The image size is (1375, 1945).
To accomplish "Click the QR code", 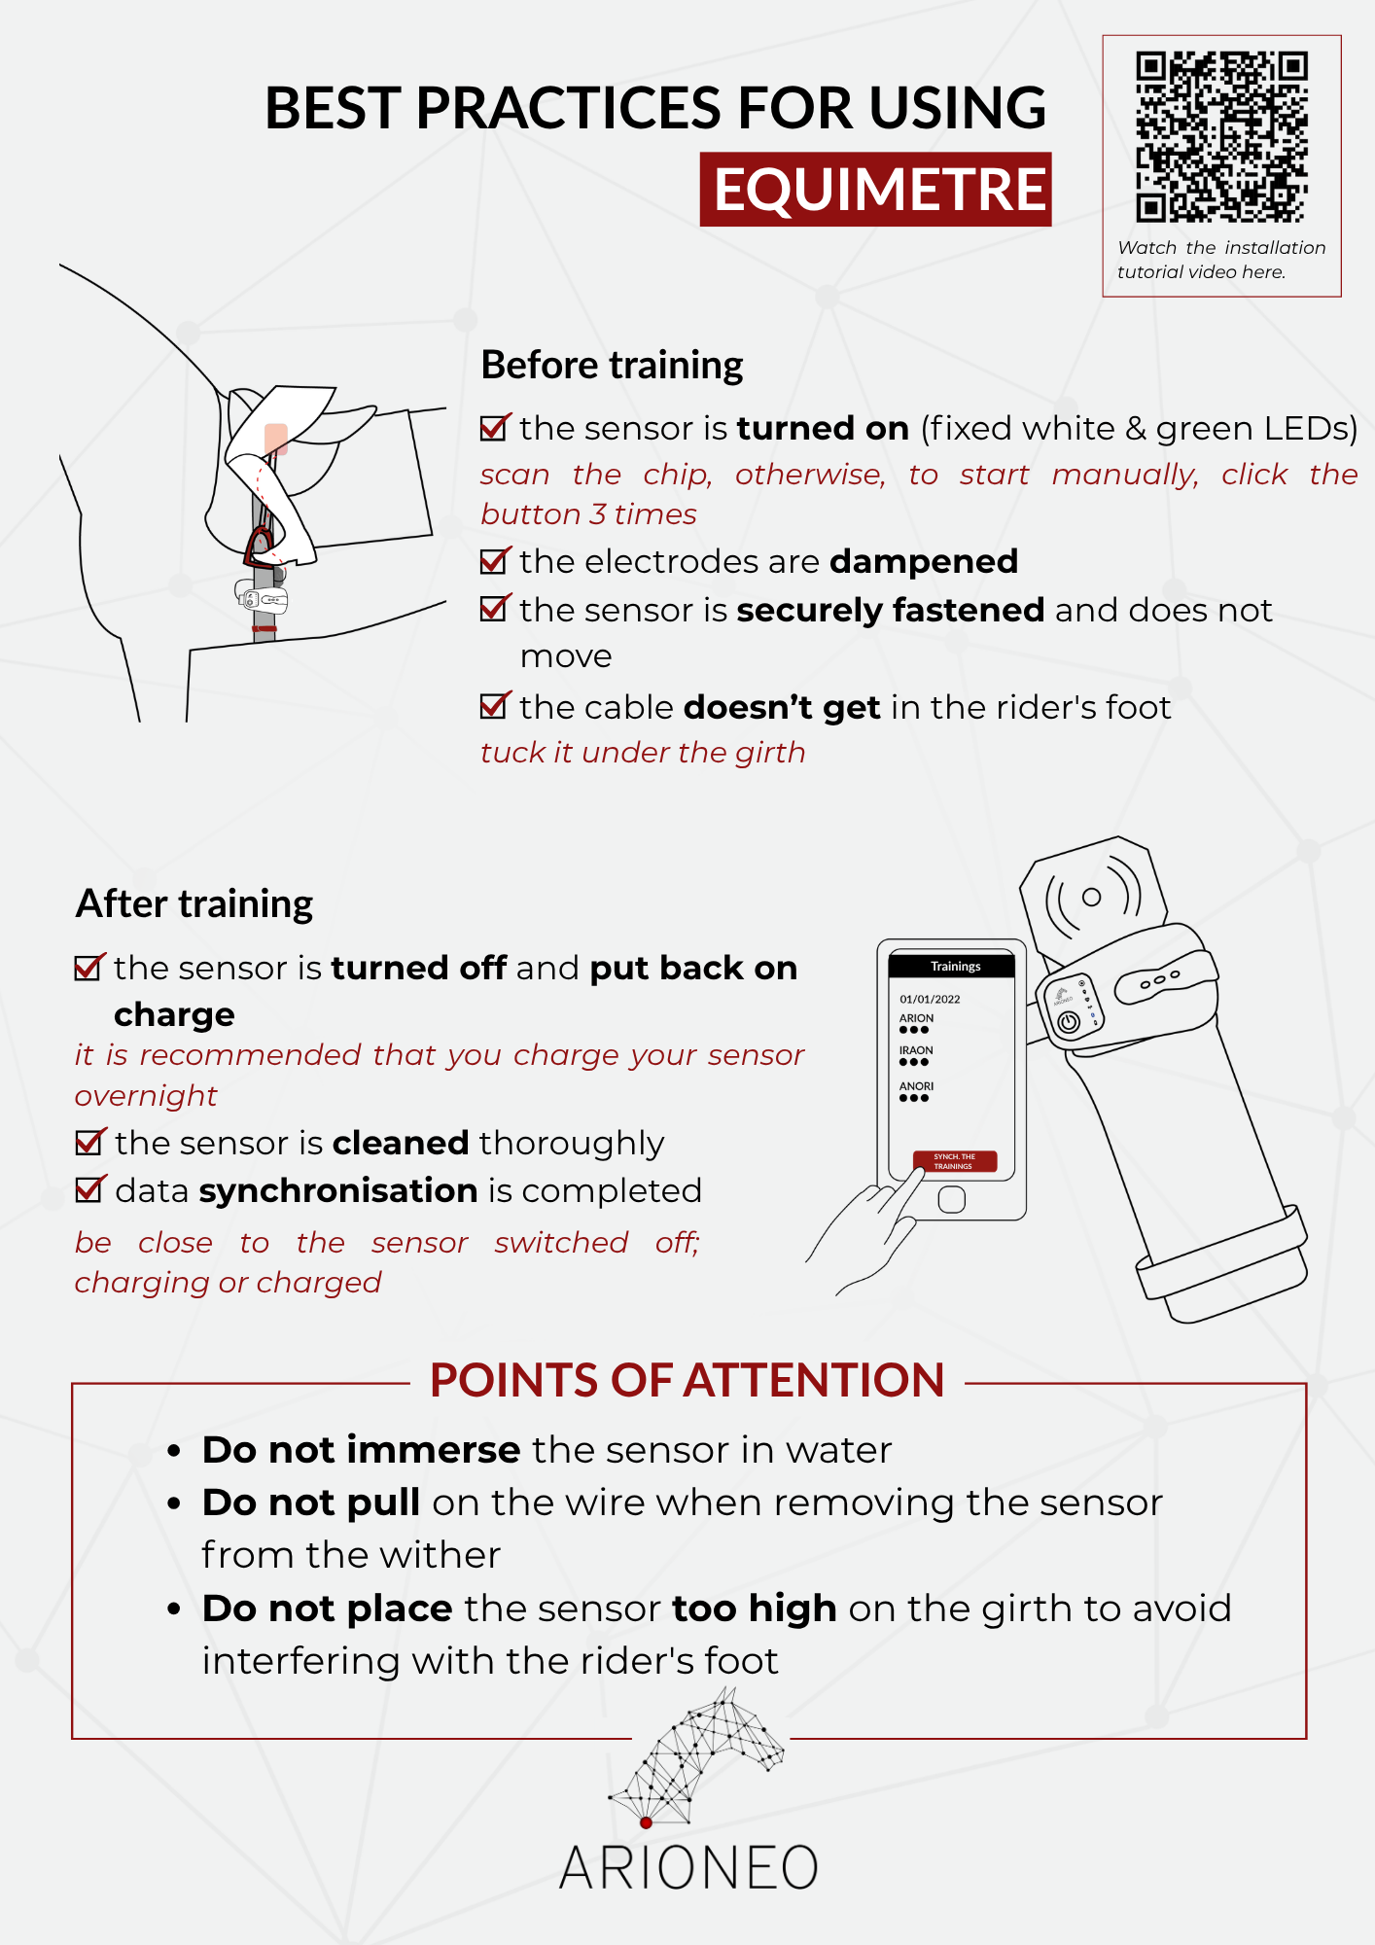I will (1221, 136).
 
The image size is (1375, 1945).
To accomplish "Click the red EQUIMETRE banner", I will (875, 189).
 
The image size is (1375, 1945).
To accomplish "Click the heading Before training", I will (612, 366).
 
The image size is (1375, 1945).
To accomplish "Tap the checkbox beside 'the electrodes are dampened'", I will (494, 561).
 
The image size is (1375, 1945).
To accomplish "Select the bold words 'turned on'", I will (823, 428).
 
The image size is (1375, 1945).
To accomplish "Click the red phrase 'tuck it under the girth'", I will (643, 753).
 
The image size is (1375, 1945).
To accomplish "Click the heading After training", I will (194, 903).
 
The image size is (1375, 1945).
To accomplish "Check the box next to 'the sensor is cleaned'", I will (89, 1142).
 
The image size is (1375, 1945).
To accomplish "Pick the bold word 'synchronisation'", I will (337, 1190).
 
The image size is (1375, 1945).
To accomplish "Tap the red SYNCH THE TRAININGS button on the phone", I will (954, 1161).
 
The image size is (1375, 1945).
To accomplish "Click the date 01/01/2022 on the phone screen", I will (930, 999).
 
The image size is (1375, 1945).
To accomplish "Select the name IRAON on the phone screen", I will (916, 1050).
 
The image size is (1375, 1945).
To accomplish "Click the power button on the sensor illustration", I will (1068, 1022).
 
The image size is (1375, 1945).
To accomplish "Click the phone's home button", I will (951, 1200).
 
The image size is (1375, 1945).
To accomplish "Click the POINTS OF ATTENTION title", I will (687, 1380).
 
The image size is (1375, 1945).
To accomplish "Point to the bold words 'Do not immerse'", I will (361, 1450).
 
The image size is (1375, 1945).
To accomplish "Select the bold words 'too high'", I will (754, 1609).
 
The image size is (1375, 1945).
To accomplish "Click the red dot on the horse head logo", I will (646, 1822).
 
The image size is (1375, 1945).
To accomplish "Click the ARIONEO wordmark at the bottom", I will (688, 1868).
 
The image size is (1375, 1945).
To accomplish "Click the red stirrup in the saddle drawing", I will (260, 546).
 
